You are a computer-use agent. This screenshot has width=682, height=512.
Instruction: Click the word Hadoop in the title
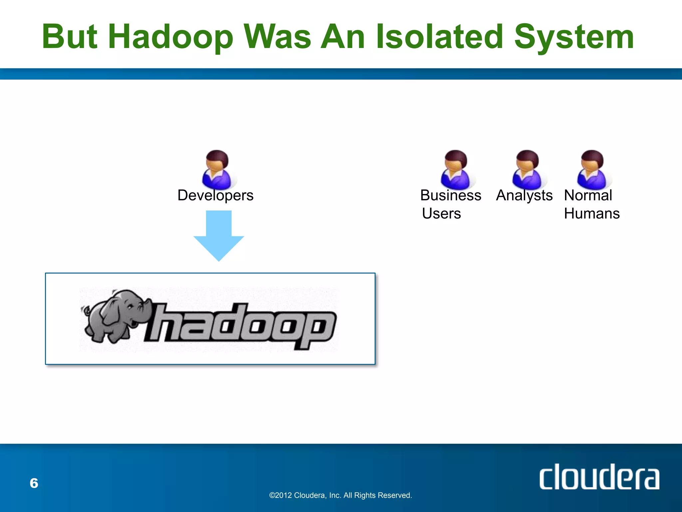coord(170,37)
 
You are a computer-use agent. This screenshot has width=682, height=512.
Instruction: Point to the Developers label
coord(215,195)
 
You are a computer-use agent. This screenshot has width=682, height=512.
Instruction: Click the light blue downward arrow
coord(219,235)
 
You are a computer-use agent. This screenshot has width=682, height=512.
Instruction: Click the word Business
coord(451,195)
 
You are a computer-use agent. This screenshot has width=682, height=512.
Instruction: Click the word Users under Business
coord(441,214)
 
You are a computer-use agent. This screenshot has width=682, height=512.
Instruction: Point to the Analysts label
coord(524,195)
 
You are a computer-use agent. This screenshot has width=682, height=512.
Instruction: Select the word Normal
coord(588,195)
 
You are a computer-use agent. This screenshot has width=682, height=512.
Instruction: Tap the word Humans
coord(592,214)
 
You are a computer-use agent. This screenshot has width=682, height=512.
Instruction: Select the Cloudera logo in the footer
coord(599,477)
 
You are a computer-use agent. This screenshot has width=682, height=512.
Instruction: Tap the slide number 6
coord(34,483)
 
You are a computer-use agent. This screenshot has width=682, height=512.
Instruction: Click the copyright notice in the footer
coord(340,495)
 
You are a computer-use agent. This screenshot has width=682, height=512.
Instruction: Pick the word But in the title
coord(70,37)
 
